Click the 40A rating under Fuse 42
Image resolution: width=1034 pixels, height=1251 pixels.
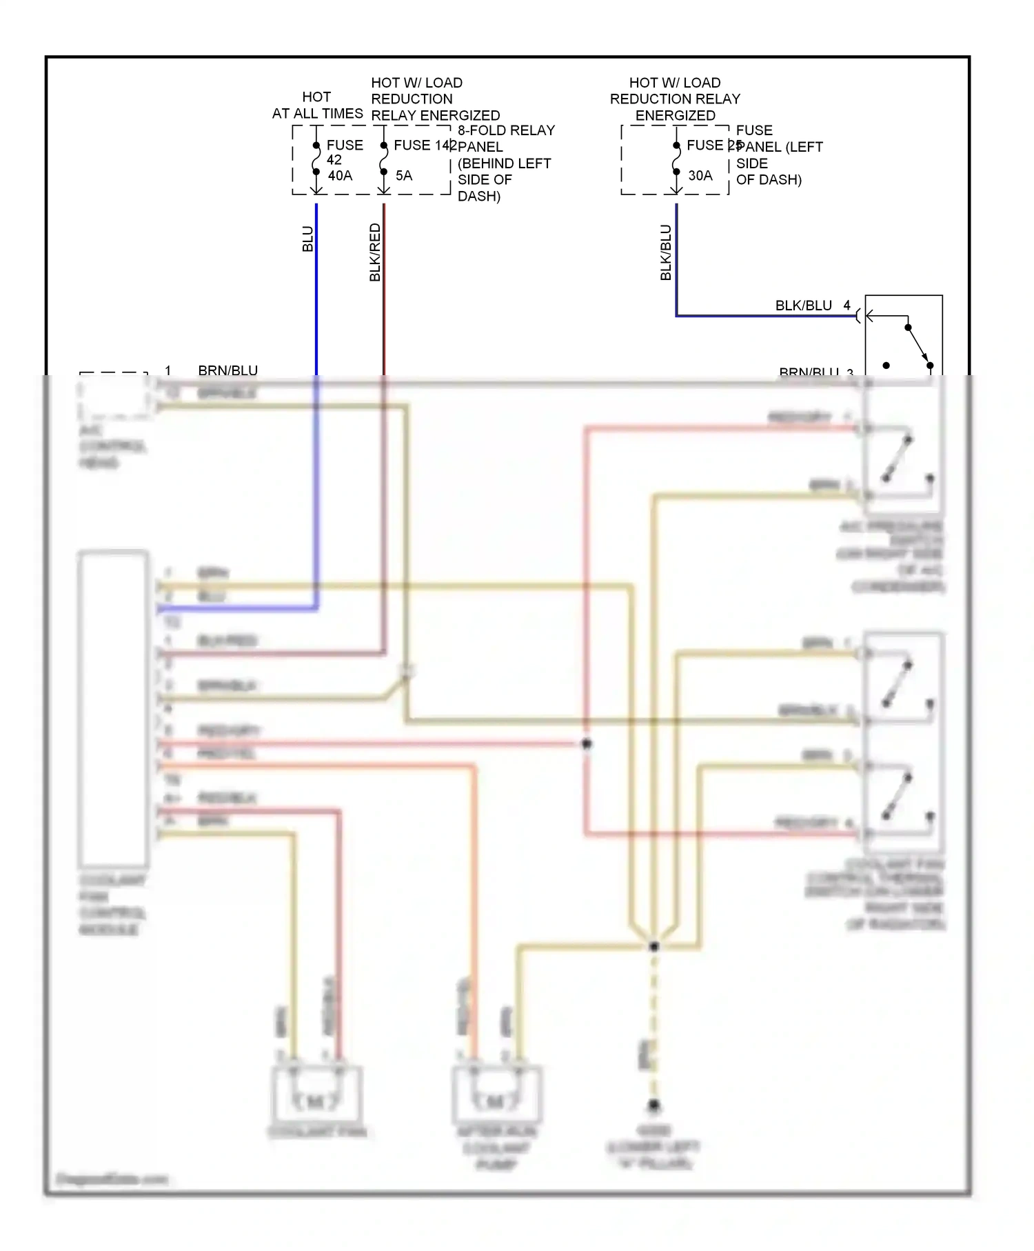(x=340, y=176)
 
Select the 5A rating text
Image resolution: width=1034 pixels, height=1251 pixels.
(x=404, y=176)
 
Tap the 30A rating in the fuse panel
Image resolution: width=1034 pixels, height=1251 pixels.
(x=700, y=176)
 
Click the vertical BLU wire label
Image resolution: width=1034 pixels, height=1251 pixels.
(x=308, y=239)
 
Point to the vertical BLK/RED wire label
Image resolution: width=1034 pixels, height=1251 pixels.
(x=375, y=252)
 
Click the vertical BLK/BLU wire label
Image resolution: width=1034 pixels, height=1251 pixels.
(x=666, y=252)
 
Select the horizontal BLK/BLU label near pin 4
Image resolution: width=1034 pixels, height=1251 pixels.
(x=803, y=306)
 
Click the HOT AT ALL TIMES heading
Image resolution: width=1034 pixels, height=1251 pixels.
(x=317, y=106)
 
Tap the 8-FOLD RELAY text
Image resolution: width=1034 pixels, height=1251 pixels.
(x=506, y=130)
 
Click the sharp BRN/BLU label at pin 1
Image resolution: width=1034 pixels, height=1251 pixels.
(x=227, y=370)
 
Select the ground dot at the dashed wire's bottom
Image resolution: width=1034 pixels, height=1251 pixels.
(x=653, y=1105)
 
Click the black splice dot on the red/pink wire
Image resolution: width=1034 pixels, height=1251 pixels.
(x=587, y=743)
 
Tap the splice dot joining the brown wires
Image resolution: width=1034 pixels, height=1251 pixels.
(x=653, y=946)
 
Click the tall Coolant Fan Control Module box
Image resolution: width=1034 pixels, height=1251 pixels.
(x=113, y=709)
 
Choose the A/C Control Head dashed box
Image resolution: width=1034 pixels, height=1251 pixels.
(x=114, y=396)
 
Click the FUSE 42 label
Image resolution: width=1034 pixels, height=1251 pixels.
(x=344, y=152)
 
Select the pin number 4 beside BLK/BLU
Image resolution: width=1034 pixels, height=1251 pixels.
(x=847, y=305)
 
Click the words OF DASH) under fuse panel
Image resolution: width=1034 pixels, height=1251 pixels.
(x=769, y=180)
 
